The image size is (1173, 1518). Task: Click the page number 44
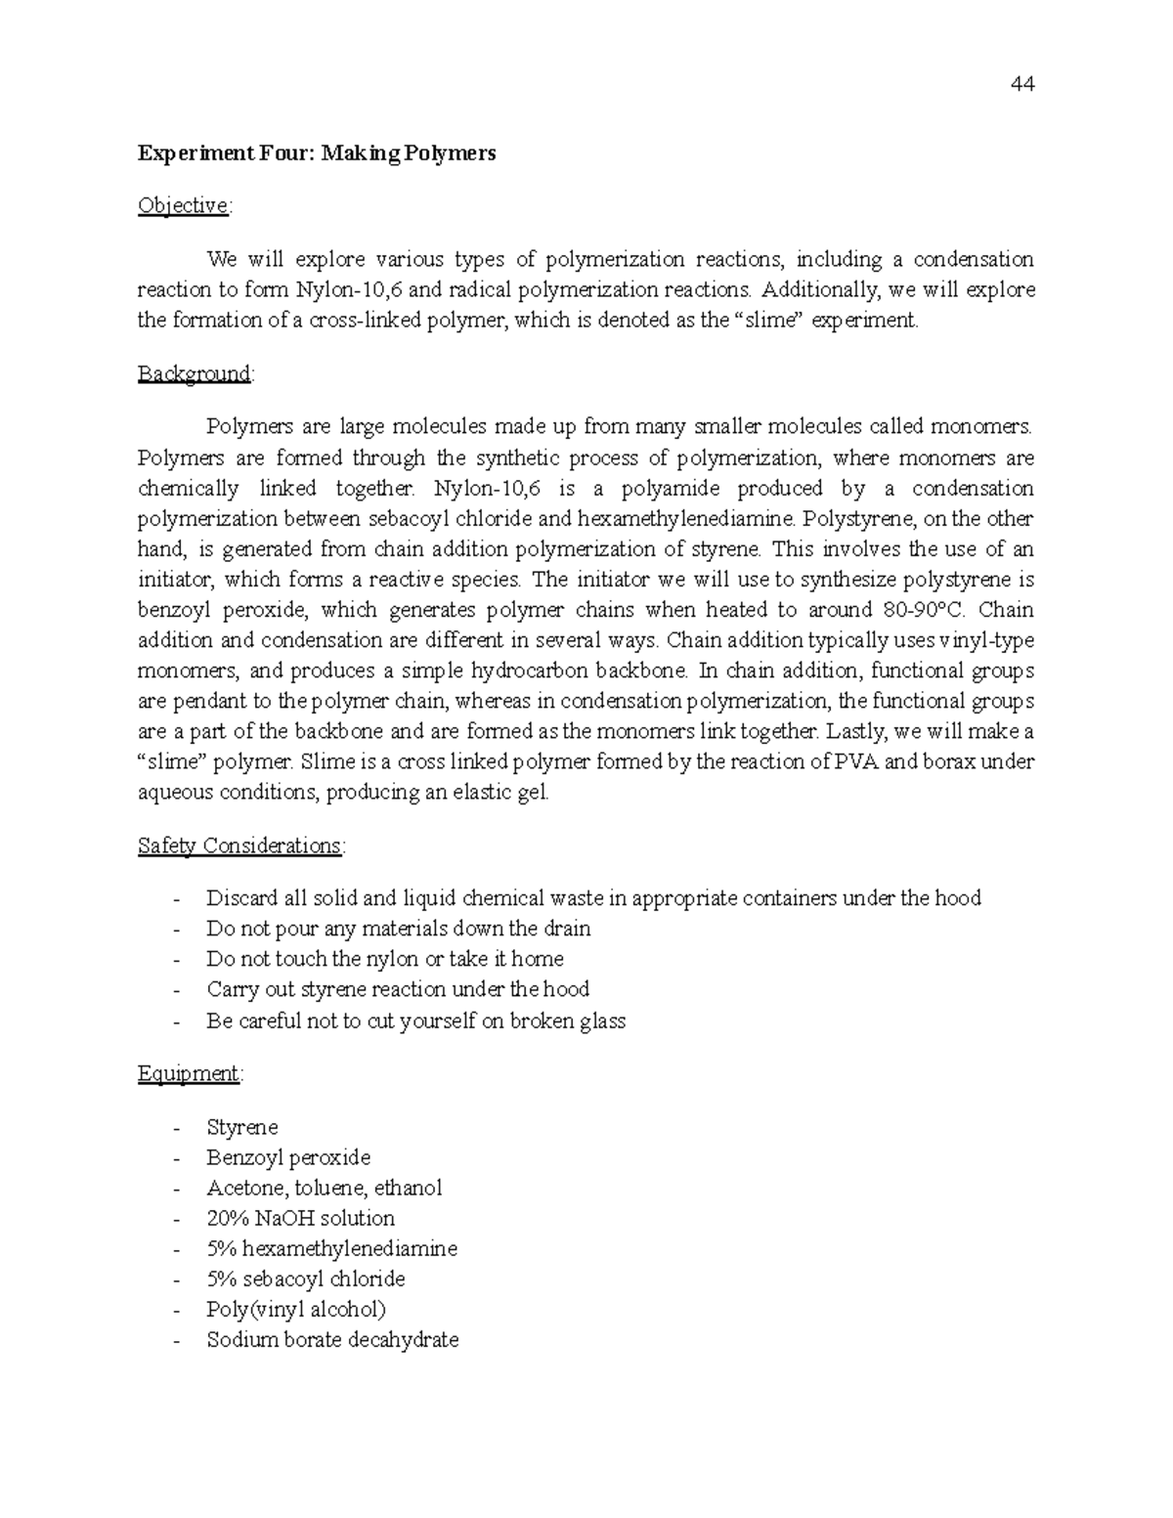[1022, 84]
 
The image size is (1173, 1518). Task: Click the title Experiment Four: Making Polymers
[317, 153]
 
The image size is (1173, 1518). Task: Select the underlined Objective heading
[184, 205]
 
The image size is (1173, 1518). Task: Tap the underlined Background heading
[195, 373]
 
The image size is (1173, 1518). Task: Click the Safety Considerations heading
[240, 846]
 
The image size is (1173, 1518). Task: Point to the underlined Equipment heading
[189, 1073]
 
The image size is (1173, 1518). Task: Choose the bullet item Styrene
[242, 1127]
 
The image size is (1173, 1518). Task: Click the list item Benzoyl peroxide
[288, 1157]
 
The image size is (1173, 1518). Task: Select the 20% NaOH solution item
[300, 1218]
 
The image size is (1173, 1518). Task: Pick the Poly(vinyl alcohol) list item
[296, 1309]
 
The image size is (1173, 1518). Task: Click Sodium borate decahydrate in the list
[332, 1339]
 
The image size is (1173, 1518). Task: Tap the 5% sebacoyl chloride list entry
[305, 1279]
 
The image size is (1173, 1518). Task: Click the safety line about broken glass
[415, 1020]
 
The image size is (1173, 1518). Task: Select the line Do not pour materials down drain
[398, 929]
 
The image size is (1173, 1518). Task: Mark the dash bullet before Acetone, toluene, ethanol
[176, 1189]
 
